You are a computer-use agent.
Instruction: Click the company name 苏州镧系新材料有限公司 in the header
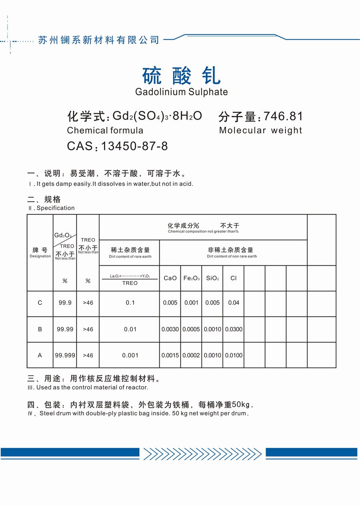click(x=99, y=40)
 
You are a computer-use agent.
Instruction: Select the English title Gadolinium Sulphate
click(x=181, y=92)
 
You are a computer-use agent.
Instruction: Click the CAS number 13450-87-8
click(x=134, y=146)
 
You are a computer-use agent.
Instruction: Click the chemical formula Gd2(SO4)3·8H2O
click(x=157, y=116)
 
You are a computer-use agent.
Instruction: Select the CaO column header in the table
click(x=170, y=278)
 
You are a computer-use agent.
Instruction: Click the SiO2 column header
click(x=212, y=278)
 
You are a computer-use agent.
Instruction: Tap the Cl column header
click(x=234, y=278)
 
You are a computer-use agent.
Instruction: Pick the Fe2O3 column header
click(x=191, y=278)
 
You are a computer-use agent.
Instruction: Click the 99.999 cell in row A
click(x=65, y=355)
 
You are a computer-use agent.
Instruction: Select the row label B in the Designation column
click(x=40, y=329)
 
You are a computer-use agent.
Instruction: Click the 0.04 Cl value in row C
click(x=234, y=303)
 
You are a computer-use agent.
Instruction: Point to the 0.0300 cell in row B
click(x=234, y=329)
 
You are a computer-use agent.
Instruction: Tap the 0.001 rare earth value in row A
click(x=130, y=355)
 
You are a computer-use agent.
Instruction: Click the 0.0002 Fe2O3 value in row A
click(x=191, y=355)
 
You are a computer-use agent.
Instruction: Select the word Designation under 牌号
click(x=40, y=256)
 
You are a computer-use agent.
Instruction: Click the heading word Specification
click(x=56, y=208)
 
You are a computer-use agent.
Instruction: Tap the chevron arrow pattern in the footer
click(x=202, y=454)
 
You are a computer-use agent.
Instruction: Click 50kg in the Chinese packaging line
click(x=241, y=405)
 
